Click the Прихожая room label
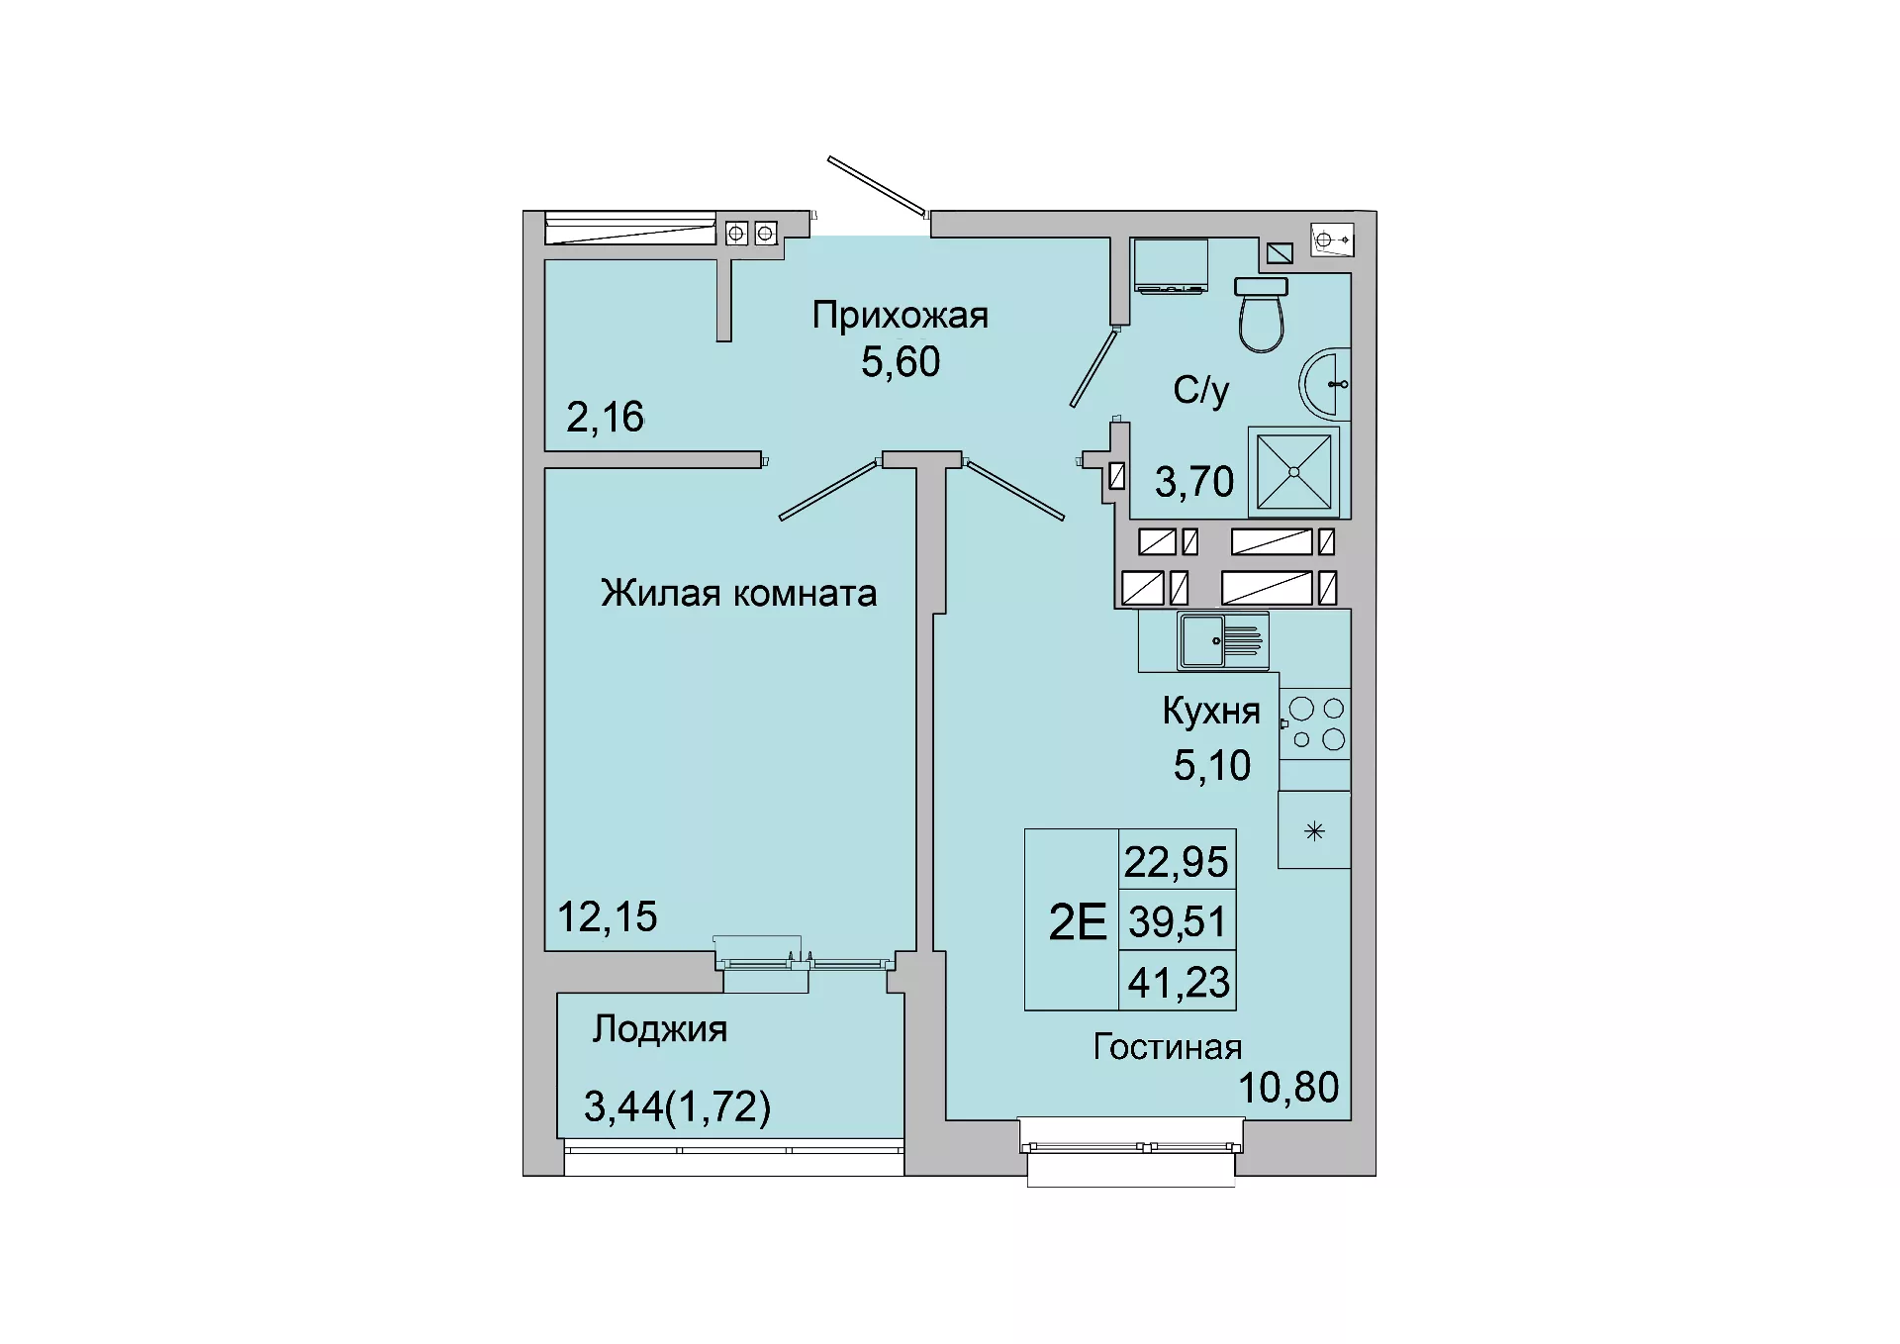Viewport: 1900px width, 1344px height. pyautogui.click(x=900, y=316)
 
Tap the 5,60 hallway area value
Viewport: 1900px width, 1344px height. pyautogui.click(x=901, y=362)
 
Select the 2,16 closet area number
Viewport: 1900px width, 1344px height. pyautogui.click(x=605, y=417)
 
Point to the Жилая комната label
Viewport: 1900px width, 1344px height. pyautogui.click(x=738, y=593)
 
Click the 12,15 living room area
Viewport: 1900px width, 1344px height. pyautogui.click(x=607, y=917)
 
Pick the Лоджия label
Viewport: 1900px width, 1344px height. pyautogui.click(x=660, y=1030)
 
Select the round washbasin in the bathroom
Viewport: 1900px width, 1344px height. pyautogui.click(x=1325, y=384)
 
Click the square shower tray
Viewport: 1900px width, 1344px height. pyautogui.click(x=1293, y=472)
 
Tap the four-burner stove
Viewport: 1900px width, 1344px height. pyautogui.click(x=1315, y=724)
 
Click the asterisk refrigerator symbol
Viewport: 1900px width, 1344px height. pyautogui.click(x=1314, y=831)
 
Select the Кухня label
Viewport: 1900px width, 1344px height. pyautogui.click(x=1211, y=711)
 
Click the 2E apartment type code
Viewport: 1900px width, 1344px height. pyautogui.click(x=1077, y=922)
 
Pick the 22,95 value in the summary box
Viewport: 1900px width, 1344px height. pyautogui.click(x=1177, y=862)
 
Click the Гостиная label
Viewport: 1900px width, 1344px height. pyautogui.click(x=1168, y=1047)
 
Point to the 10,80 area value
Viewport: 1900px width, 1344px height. pyautogui.click(x=1288, y=1088)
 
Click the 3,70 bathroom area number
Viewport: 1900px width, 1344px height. pyautogui.click(x=1194, y=482)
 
